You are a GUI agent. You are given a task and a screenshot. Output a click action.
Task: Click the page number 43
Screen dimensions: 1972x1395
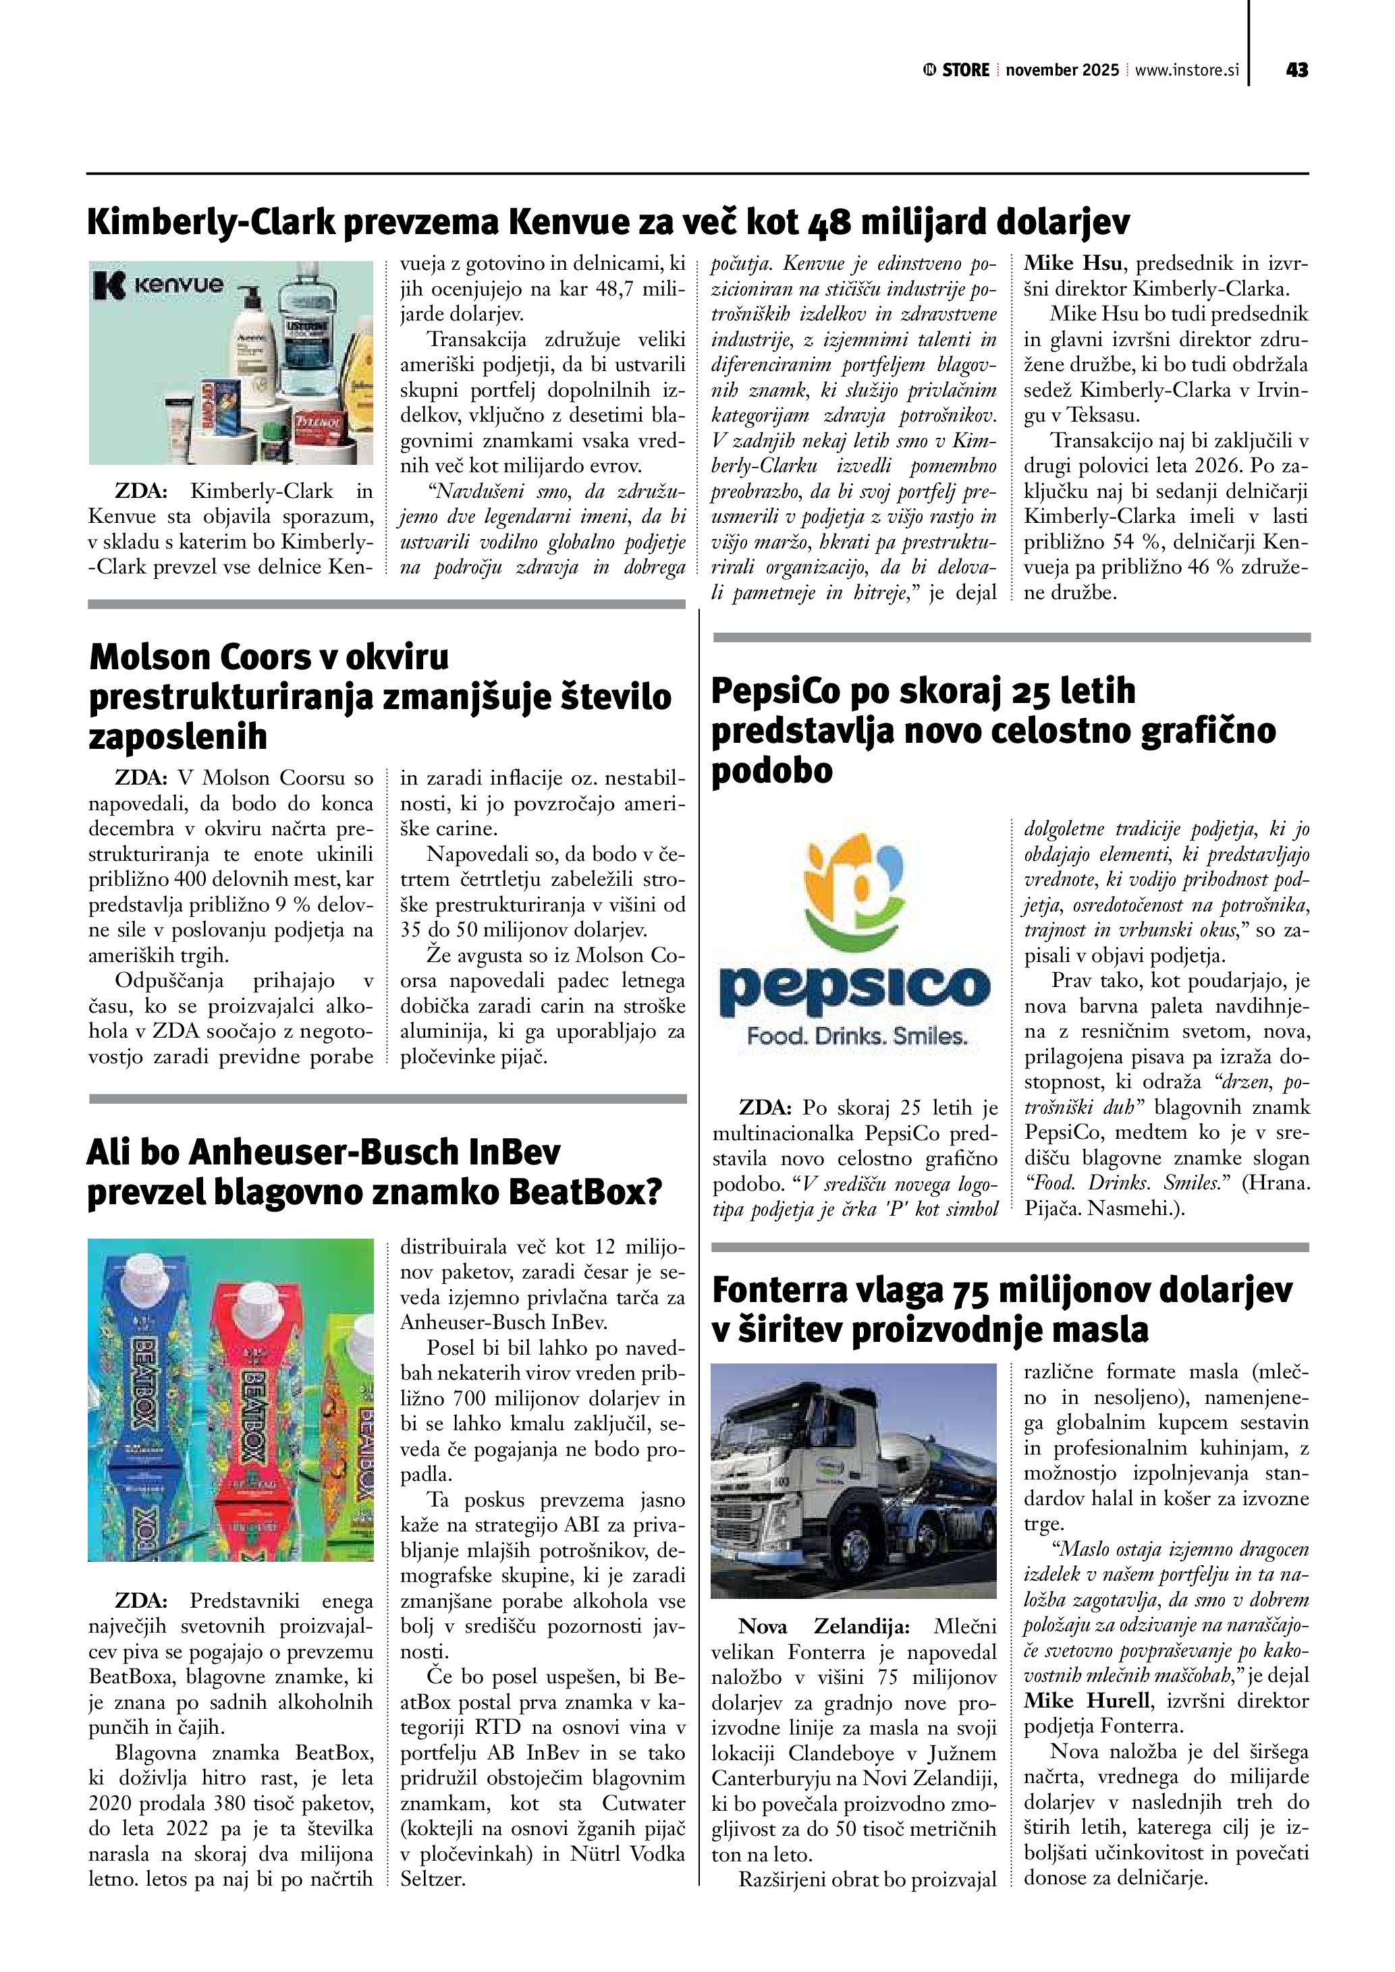(x=1297, y=70)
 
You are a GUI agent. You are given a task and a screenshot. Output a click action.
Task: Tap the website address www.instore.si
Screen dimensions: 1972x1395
(x=1187, y=70)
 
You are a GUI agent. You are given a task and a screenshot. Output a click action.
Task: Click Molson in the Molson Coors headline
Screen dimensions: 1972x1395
(x=151, y=657)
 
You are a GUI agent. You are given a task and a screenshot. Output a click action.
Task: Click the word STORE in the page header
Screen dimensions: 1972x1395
(x=966, y=70)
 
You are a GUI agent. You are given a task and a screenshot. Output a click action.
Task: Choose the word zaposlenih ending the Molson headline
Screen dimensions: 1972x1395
(x=177, y=736)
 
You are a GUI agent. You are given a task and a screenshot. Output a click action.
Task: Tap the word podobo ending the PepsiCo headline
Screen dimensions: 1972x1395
(x=772, y=770)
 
